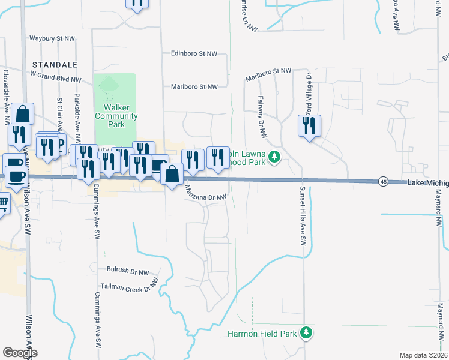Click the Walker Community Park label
[x=116, y=116]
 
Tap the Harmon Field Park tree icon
[x=306, y=332]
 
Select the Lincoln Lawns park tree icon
[x=274, y=158]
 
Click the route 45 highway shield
[x=382, y=181]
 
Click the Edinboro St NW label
[x=193, y=53]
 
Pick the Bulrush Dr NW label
[x=127, y=271]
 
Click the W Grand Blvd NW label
[x=56, y=79]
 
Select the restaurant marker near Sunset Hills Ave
[x=309, y=126]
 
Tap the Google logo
[x=20, y=353]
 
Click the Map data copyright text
[x=423, y=355]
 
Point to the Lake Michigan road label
[x=427, y=182]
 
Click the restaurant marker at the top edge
[x=137, y=3]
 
